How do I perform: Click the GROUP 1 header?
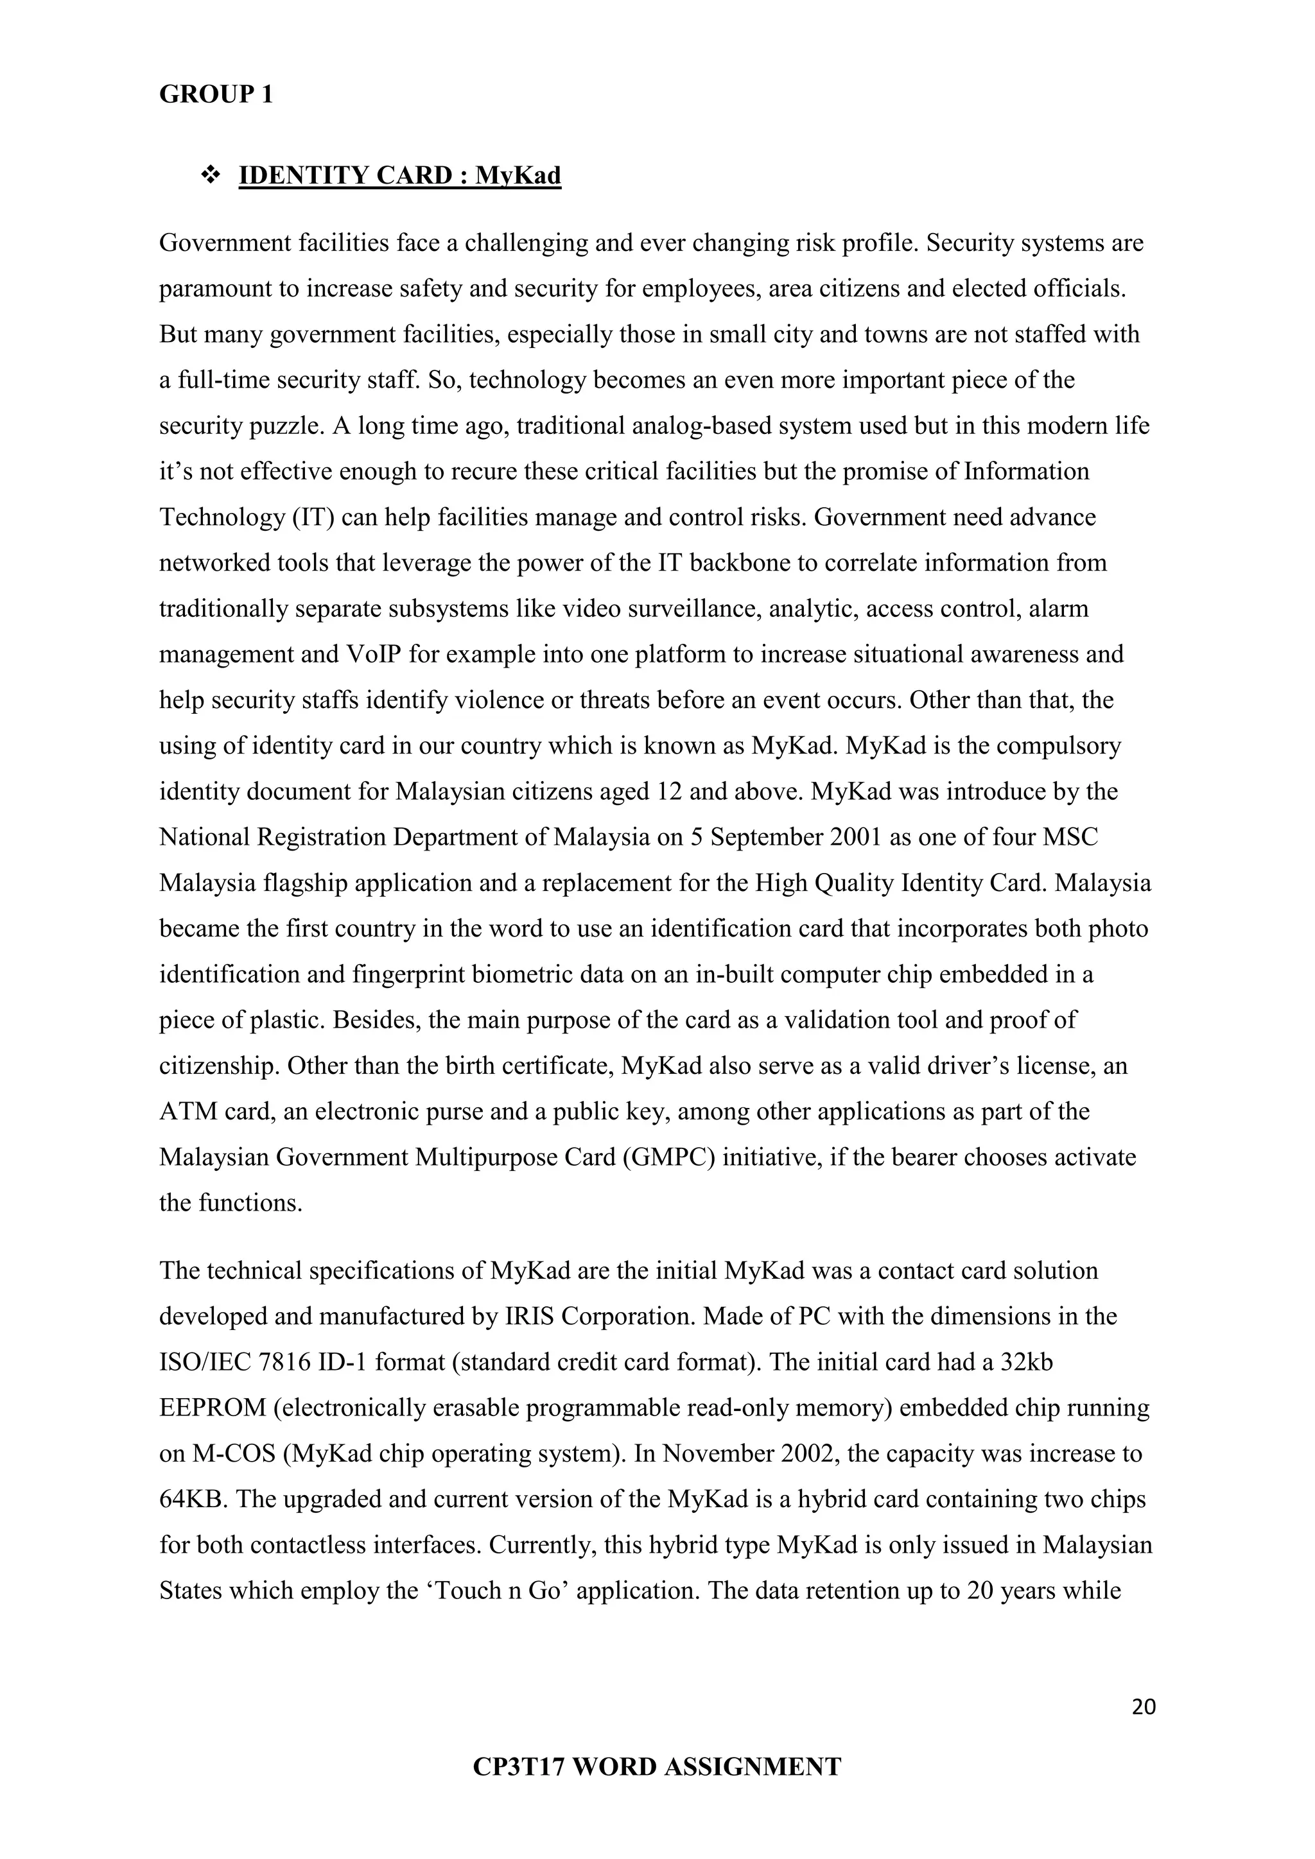coord(216,95)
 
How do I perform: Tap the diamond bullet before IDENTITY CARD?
coord(211,174)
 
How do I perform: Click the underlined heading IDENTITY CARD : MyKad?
coord(400,176)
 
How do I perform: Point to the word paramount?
coord(214,289)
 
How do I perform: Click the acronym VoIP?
coord(374,654)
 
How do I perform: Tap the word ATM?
coord(188,1112)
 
